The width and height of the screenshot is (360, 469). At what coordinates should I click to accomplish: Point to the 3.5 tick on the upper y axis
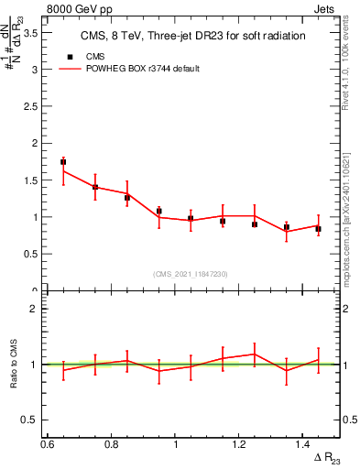point(36,31)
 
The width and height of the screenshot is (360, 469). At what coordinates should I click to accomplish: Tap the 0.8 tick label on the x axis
point(112,444)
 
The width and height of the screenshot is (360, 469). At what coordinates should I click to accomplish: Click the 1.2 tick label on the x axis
point(240,444)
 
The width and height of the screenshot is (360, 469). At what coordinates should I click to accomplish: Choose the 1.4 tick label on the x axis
point(303,444)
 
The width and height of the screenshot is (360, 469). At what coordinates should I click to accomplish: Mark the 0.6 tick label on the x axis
point(48,444)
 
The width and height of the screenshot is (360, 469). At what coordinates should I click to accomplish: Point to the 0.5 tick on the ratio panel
point(36,420)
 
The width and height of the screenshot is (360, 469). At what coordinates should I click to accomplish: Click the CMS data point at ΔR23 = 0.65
point(63,162)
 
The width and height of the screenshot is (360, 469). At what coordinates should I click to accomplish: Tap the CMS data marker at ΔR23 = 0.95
point(158,212)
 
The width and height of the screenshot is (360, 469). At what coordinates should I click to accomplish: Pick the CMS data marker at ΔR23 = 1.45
point(318,229)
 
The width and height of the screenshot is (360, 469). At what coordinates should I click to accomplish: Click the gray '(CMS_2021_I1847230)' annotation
point(191,274)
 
